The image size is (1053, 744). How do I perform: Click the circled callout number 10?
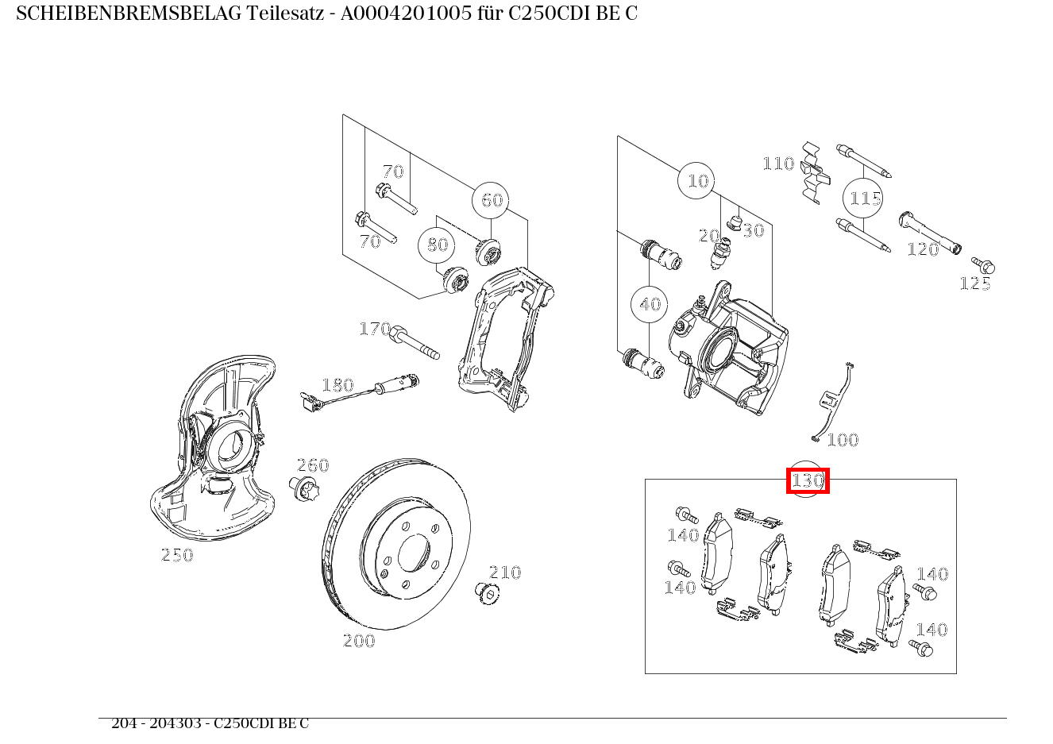pos(696,181)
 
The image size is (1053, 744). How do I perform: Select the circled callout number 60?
pos(492,200)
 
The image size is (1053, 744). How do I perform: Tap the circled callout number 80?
pos(438,245)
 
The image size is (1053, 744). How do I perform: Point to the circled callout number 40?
pos(650,304)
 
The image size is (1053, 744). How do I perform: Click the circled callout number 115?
pos(865,199)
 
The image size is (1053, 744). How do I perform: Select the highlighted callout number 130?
pos(808,481)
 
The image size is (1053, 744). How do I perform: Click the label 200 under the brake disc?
pos(358,641)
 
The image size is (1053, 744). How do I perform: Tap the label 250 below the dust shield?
pos(177,556)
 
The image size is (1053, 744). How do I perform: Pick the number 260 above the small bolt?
pos(313,465)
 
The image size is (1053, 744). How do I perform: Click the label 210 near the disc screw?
pos(505,572)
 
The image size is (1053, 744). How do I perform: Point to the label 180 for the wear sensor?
pos(337,386)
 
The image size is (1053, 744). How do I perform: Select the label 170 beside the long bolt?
pos(375,329)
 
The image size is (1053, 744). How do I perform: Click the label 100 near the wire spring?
pos(843,440)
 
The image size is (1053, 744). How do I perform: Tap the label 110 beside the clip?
pos(778,164)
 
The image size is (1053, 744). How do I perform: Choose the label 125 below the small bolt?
pos(975,284)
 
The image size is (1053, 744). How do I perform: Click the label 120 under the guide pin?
pos(923,249)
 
